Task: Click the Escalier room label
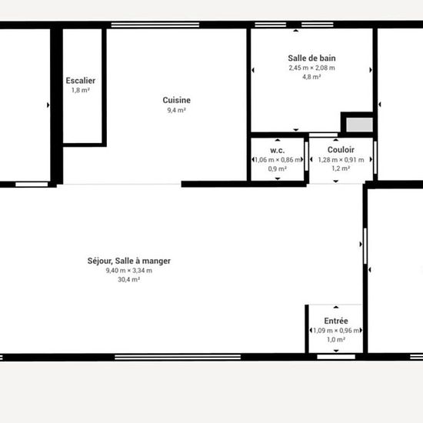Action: [x=81, y=81]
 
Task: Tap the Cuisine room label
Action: [x=176, y=100]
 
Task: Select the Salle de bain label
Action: [x=311, y=58]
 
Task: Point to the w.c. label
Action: [x=278, y=150]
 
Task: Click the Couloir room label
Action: [x=341, y=150]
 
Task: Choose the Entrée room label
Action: [x=336, y=321]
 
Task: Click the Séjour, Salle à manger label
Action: [x=129, y=261]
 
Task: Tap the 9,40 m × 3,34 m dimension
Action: [x=129, y=270]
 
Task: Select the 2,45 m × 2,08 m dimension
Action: [x=311, y=68]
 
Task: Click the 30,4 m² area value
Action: [x=128, y=279]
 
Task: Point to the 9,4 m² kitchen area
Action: [x=176, y=110]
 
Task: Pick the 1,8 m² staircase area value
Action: [x=81, y=90]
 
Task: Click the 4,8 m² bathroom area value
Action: [x=311, y=77]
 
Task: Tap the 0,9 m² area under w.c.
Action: [x=278, y=169]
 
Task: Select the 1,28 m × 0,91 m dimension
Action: [x=341, y=160]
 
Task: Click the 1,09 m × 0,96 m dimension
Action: [x=336, y=331]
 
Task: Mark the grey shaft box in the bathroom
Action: [x=359, y=125]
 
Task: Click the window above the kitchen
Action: [x=155, y=25]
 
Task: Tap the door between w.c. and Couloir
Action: [x=306, y=156]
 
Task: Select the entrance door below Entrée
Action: [x=336, y=357]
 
